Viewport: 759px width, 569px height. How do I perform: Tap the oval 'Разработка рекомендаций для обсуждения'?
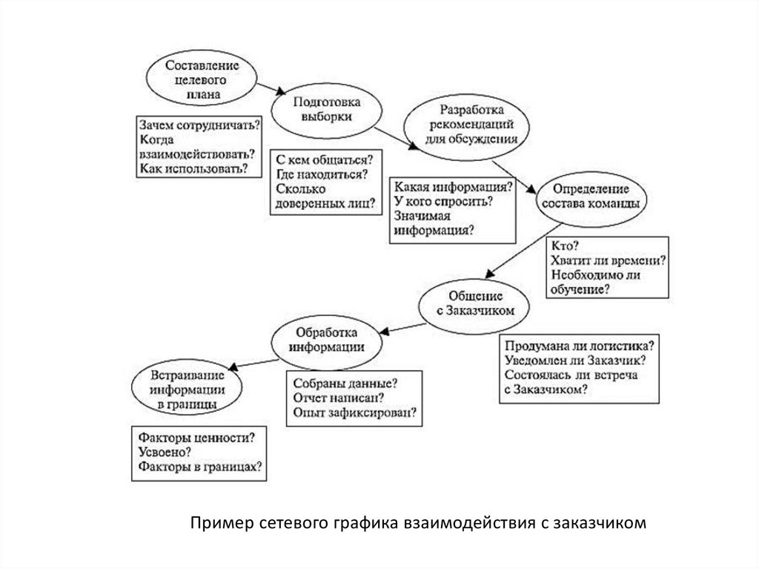tap(467, 124)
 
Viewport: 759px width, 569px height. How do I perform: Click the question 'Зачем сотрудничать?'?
tap(199, 125)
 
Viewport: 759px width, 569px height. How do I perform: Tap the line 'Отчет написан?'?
tap(334, 398)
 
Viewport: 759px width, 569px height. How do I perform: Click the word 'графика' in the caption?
tap(374, 523)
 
